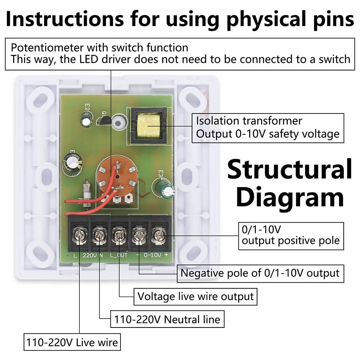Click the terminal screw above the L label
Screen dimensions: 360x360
point(79,236)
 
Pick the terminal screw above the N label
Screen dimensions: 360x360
point(99,235)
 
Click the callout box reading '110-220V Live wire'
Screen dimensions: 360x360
point(72,342)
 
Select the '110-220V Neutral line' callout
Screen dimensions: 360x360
point(167,319)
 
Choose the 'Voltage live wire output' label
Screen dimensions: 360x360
point(195,297)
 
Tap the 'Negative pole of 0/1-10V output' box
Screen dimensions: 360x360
point(260,273)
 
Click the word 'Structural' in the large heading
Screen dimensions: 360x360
point(290,170)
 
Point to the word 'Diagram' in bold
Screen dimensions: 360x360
point(290,197)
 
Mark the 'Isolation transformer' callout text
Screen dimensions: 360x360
point(249,120)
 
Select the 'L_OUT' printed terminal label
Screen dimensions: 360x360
point(118,255)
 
